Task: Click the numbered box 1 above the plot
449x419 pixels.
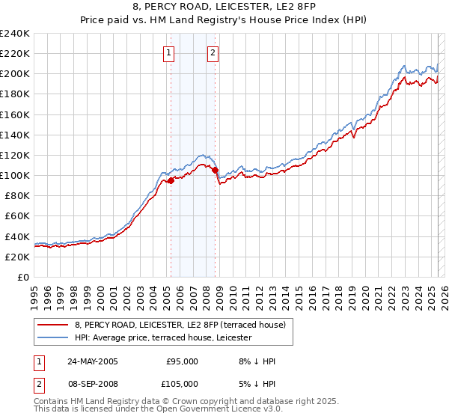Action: point(169,52)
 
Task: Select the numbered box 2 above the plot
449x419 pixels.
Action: point(213,52)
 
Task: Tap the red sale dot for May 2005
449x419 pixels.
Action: point(171,180)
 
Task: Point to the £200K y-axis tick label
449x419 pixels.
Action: point(14,73)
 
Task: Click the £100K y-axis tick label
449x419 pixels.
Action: point(14,175)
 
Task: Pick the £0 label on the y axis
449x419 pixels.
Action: point(24,277)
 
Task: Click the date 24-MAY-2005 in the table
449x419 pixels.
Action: point(93,361)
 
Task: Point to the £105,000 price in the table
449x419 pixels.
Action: point(182,384)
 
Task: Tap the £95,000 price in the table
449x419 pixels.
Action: point(182,361)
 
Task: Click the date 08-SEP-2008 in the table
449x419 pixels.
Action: point(93,384)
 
